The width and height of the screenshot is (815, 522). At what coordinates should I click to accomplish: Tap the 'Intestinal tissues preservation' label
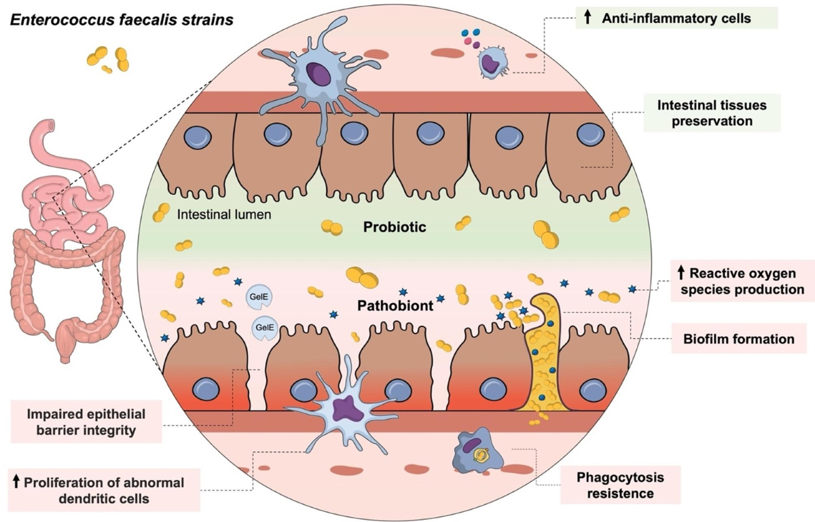[711, 113]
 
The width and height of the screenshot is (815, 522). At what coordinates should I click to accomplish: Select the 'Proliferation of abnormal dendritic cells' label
[105, 490]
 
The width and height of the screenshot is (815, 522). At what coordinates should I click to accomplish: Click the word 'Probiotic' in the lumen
[394, 227]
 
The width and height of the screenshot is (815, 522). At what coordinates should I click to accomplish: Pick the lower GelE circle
[264, 329]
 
